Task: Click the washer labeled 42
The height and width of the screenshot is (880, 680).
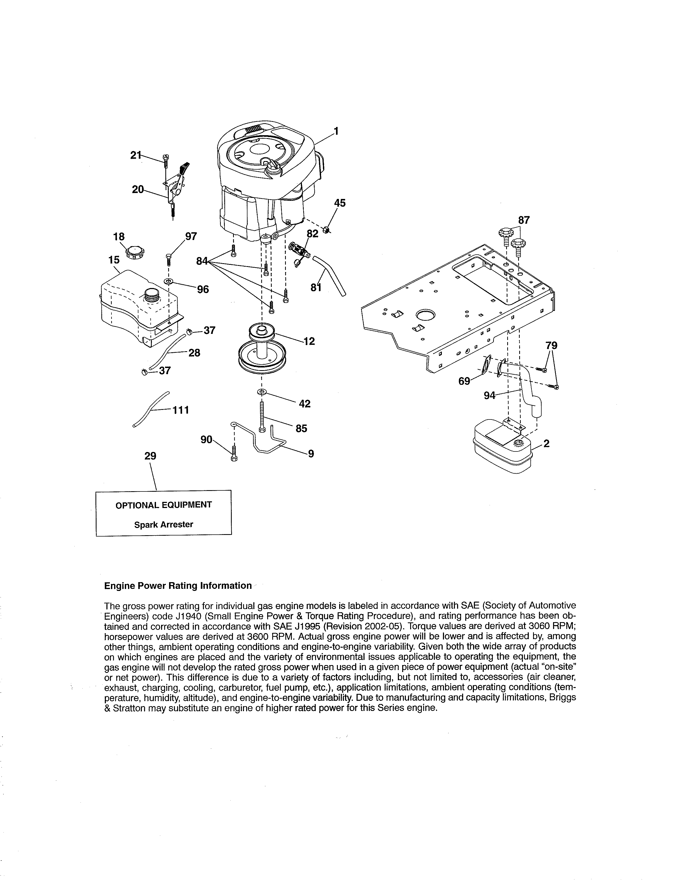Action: [262, 392]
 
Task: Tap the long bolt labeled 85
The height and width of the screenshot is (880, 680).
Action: [262, 417]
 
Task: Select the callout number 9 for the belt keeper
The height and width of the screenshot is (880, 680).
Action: [311, 454]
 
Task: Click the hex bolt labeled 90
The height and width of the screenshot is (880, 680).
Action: [234, 454]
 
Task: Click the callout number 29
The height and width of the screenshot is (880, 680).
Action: [150, 456]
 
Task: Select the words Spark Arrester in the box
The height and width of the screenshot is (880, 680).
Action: [163, 525]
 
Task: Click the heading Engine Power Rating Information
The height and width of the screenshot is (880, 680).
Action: [178, 586]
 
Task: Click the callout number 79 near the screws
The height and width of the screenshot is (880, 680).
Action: [551, 345]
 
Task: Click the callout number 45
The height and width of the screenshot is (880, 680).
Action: [339, 203]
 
